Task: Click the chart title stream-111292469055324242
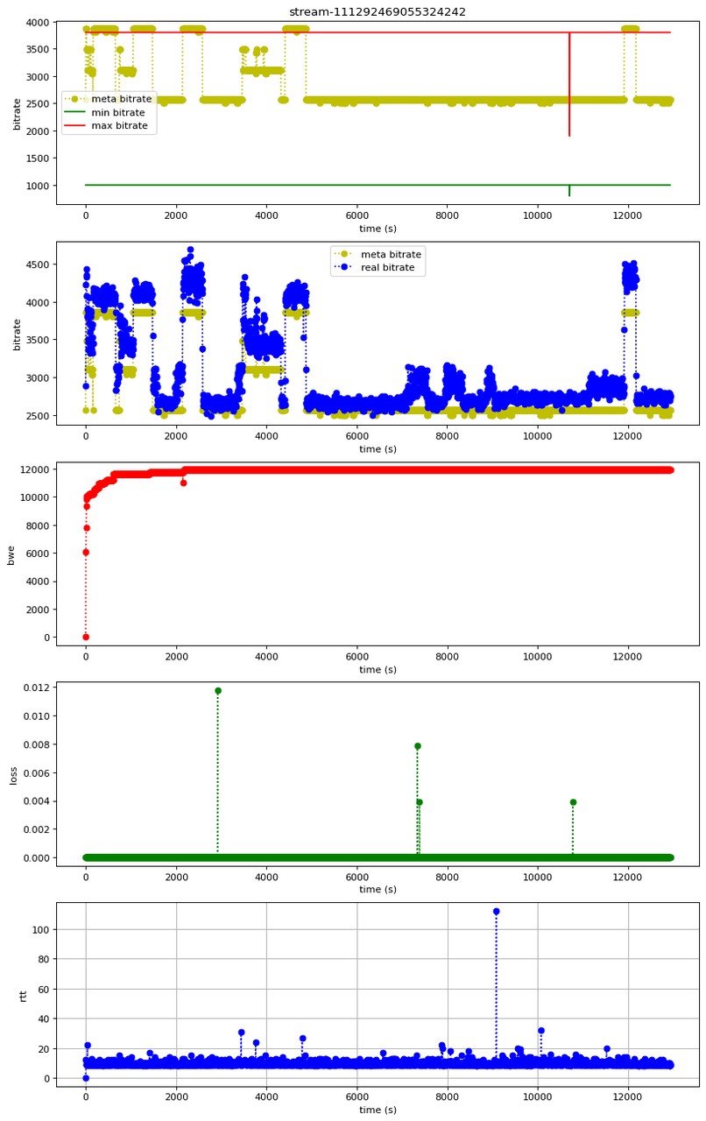point(378,11)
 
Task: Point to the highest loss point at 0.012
point(218,691)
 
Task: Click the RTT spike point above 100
point(496,912)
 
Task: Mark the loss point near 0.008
point(418,746)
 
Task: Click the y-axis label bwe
point(11,553)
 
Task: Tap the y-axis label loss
point(11,775)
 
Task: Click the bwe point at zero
point(86,637)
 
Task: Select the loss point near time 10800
point(573,802)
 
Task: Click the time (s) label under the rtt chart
point(378,1110)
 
